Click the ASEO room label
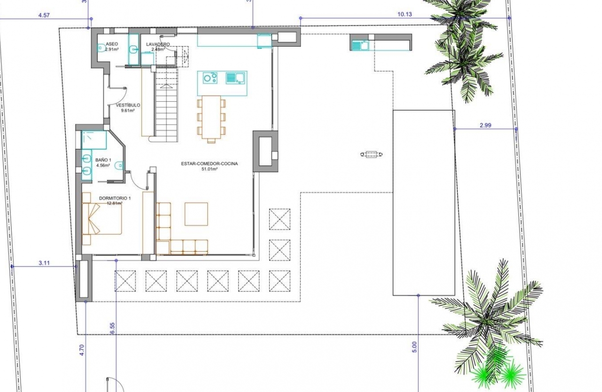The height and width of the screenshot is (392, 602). pyautogui.click(x=112, y=44)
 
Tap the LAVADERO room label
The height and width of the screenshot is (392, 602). pyautogui.click(x=158, y=44)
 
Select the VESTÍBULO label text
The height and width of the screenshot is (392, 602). pyautogui.click(x=128, y=105)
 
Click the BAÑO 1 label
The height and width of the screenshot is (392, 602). pyautogui.click(x=103, y=160)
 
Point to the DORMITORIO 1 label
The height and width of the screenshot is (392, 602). pyautogui.click(x=115, y=198)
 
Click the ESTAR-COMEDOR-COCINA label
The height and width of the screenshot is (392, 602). pyautogui.click(x=210, y=164)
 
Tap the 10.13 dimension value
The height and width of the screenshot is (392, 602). pyautogui.click(x=405, y=14)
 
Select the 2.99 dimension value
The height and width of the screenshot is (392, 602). pyautogui.click(x=485, y=125)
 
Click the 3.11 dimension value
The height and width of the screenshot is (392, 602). pyautogui.click(x=44, y=263)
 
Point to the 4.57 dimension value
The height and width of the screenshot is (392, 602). pyautogui.click(x=44, y=15)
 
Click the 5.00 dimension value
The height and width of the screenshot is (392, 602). pyautogui.click(x=415, y=348)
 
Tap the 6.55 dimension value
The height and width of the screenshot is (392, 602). pyautogui.click(x=112, y=328)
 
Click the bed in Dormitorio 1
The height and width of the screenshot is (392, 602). pyautogui.click(x=102, y=219)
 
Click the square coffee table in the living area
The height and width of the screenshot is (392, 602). pyautogui.click(x=196, y=214)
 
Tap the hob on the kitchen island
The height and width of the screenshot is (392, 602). pyautogui.click(x=210, y=78)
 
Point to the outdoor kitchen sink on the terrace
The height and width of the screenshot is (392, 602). pyautogui.click(x=360, y=45)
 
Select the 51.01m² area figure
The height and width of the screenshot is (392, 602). pyautogui.click(x=210, y=169)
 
